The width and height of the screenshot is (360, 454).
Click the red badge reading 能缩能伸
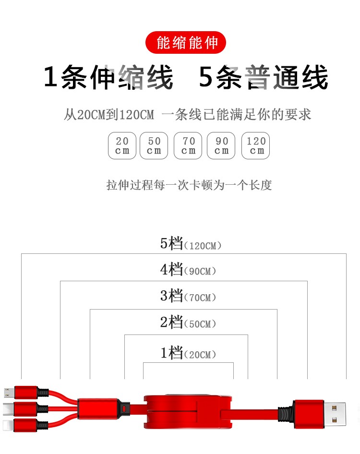pos(185,43)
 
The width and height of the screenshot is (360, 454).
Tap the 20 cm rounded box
pos(122,145)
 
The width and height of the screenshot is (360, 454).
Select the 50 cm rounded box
pos(154,145)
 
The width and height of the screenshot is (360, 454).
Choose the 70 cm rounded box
pos(188,145)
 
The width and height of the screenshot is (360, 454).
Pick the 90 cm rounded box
pos(221,145)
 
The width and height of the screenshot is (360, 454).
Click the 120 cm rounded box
pos(255,145)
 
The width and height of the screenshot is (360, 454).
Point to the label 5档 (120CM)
pos(191,243)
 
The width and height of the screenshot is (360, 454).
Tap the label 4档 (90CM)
pos(188,269)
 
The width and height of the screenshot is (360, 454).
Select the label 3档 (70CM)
pos(188,296)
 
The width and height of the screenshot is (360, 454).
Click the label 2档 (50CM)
pos(188,322)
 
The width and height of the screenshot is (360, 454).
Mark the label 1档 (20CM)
pos(188,353)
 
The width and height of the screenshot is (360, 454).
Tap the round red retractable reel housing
pos(188,412)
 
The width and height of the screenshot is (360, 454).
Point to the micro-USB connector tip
pos(9,393)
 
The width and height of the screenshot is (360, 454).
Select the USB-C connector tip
pos(8,409)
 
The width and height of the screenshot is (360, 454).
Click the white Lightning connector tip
pos(8,426)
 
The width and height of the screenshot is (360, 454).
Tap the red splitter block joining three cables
pos(98,409)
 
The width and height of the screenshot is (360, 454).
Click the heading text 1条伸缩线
pos(108,77)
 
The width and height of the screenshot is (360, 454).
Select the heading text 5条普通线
pos(264,77)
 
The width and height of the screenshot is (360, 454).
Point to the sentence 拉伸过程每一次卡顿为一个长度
pos(189,185)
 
